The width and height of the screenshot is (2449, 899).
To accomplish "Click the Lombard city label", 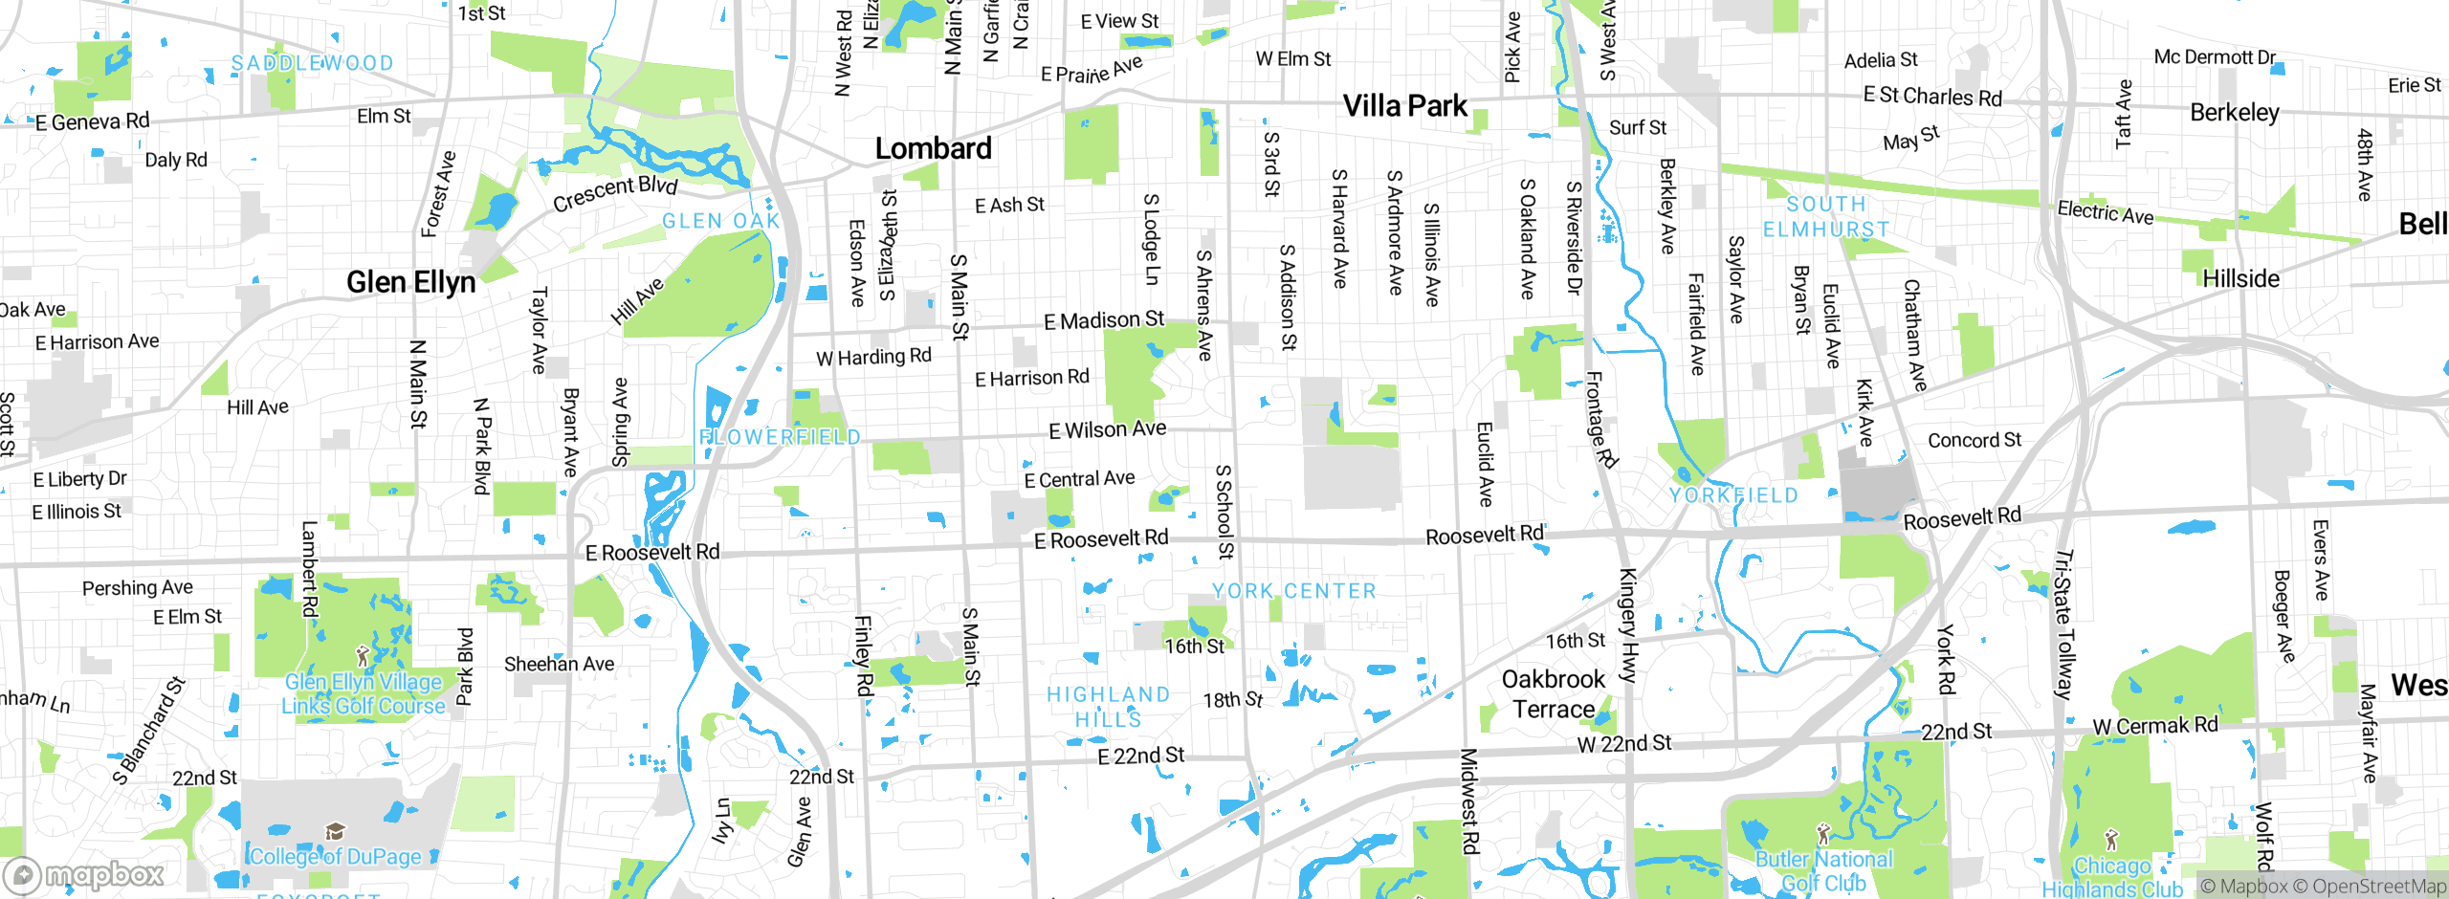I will (x=933, y=148).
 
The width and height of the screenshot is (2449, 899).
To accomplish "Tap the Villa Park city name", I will (x=1404, y=105).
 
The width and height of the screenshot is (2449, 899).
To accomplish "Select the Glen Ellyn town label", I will (x=410, y=282).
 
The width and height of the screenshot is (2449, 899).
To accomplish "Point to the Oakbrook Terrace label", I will (x=1553, y=693).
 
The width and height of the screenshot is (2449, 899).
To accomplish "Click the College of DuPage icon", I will (x=335, y=830).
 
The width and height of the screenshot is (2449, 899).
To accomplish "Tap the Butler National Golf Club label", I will (x=1822, y=871).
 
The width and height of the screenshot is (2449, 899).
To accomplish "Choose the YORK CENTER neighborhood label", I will (x=1293, y=591).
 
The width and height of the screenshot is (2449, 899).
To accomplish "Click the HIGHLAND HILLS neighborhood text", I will (x=1108, y=706).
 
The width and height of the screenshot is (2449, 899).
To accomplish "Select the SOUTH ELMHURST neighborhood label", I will (x=1826, y=217).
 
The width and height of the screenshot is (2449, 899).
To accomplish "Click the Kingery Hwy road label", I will (x=1626, y=625).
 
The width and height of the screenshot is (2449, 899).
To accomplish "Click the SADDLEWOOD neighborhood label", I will (x=312, y=63).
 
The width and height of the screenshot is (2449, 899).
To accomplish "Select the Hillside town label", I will (x=2240, y=278).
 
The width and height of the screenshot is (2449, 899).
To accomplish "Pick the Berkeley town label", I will (x=2235, y=112).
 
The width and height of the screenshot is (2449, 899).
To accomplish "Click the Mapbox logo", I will (x=84, y=874).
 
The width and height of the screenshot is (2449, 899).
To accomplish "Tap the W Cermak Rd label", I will (x=2154, y=726).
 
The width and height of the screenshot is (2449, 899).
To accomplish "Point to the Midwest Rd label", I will (x=1468, y=801).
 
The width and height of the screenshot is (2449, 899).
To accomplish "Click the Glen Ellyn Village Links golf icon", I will (x=362, y=656).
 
